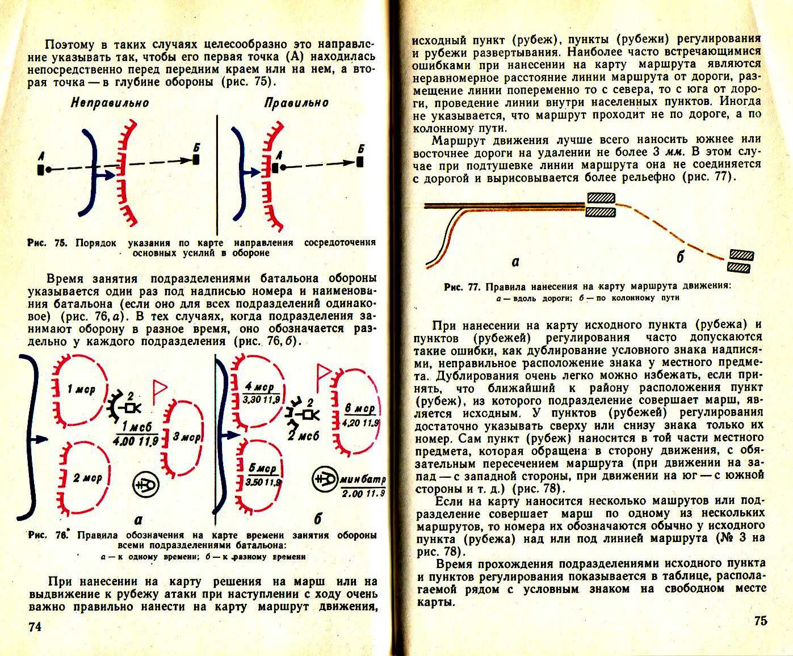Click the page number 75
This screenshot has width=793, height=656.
click(761, 620)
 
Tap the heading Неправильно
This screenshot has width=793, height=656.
click(110, 103)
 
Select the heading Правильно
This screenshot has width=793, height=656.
click(296, 103)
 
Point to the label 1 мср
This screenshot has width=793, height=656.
click(81, 389)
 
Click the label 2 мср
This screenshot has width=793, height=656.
click(87, 478)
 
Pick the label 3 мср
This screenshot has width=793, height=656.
click(187, 437)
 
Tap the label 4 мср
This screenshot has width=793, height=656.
click(259, 387)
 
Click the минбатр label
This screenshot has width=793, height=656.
click(363, 480)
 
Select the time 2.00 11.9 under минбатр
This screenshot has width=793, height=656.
click(363, 494)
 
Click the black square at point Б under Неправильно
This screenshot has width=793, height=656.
click(196, 159)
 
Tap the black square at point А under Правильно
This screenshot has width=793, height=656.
click(275, 168)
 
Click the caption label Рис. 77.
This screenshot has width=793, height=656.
click(462, 287)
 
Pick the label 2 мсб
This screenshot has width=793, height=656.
click(303, 436)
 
